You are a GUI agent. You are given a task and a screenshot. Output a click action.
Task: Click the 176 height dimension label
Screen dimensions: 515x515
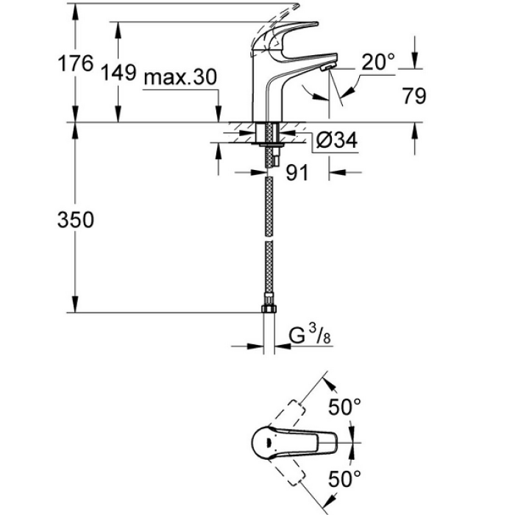[76, 64]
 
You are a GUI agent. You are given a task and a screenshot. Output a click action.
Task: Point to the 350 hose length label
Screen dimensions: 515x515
[76, 220]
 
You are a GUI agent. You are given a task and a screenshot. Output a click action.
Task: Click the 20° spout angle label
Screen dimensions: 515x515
[378, 63]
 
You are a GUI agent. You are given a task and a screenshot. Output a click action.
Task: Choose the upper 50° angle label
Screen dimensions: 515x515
[345, 405]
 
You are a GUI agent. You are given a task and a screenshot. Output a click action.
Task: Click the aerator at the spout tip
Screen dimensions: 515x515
[326, 67]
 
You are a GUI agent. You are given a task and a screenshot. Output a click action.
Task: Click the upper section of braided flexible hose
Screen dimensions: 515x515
[269, 199]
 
